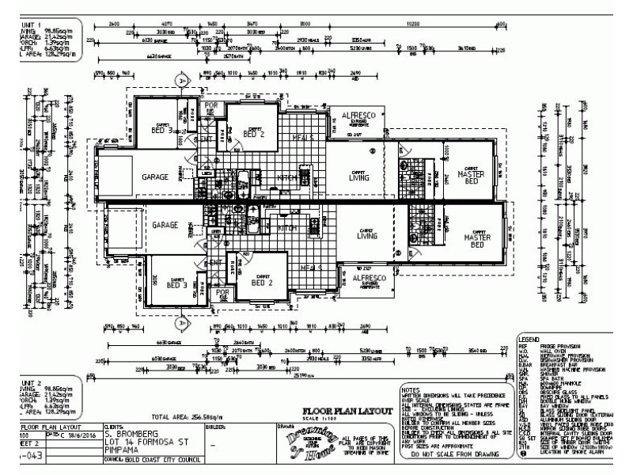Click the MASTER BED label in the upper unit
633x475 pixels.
[x=472, y=177]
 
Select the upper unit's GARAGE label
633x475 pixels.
[x=155, y=178]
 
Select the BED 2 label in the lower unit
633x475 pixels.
[x=262, y=282]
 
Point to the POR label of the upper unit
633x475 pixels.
[x=211, y=105]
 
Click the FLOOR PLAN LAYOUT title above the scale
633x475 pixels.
[x=348, y=410]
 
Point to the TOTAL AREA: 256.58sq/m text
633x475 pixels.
[x=187, y=415]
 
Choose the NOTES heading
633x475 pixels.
[x=410, y=389]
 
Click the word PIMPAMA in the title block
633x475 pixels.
[x=122, y=449]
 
